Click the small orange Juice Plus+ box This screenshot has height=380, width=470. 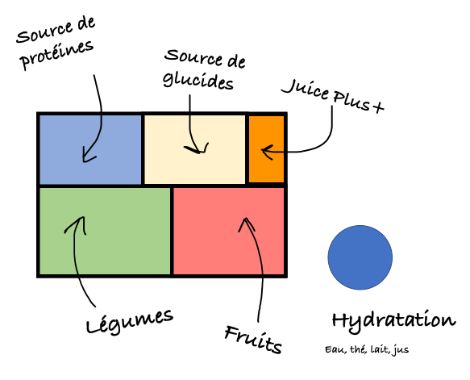[x=267, y=149]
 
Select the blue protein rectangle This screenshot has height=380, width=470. [x=90, y=150]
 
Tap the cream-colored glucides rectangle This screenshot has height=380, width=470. [x=195, y=150]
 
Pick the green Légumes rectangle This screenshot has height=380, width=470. [x=105, y=231]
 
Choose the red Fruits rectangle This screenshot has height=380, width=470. [x=229, y=231]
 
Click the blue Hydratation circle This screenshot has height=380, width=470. [x=360, y=257]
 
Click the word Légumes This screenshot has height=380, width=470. [x=130, y=322]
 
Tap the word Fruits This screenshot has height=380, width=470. [x=253, y=340]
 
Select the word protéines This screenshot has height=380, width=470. [x=57, y=55]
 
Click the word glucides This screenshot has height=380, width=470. [x=198, y=81]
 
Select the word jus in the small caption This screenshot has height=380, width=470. [x=401, y=350]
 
